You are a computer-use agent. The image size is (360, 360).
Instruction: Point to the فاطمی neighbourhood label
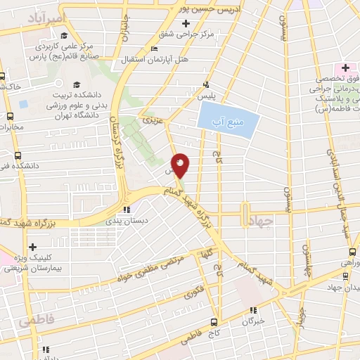pos(36,321)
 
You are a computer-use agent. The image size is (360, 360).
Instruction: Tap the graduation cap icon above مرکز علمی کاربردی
pos(65,35)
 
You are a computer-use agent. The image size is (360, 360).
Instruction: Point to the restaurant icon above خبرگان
pos(254,309)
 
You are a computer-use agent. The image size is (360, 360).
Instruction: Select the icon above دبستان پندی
pos(126,209)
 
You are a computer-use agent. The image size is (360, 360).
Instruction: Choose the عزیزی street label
pos(152,121)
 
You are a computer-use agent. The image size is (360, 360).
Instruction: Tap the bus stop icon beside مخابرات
pos(10,116)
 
